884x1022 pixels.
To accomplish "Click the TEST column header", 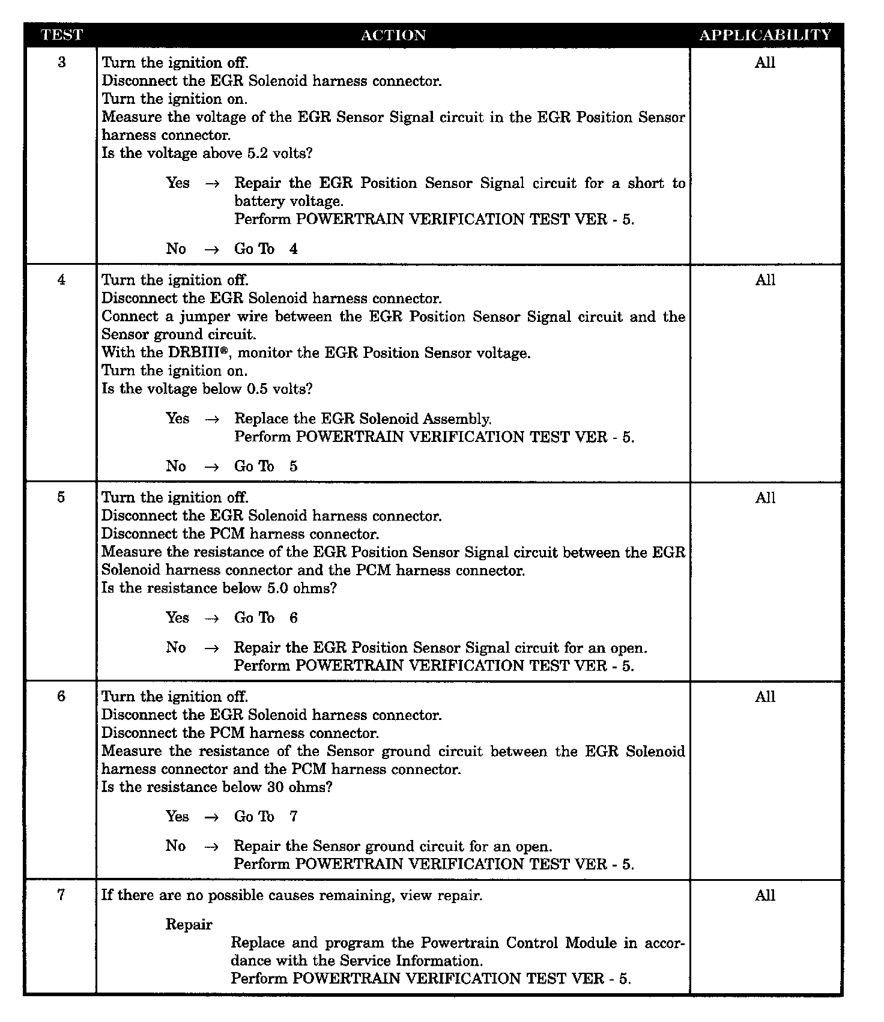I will click(x=61, y=35).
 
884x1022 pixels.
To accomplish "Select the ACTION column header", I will click(x=393, y=35).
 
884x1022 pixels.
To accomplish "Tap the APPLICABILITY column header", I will click(x=765, y=35).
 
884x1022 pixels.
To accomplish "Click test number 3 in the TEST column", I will click(x=62, y=62).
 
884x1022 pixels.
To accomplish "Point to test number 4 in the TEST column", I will click(x=61, y=279).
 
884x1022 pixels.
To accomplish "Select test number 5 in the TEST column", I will click(x=61, y=497).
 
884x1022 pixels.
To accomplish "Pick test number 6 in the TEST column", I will click(x=61, y=696).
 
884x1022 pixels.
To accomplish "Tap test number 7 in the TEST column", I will click(x=61, y=895).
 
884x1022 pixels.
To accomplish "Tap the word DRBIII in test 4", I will click(x=194, y=352).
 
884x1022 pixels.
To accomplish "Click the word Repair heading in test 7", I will click(x=189, y=925).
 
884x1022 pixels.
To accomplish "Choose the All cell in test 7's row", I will click(x=765, y=895).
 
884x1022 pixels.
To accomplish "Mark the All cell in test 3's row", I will click(x=765, y=62).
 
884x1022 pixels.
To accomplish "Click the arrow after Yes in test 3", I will click(x=211, y=184).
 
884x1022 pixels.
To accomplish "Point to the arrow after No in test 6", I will click(x=211, y=847).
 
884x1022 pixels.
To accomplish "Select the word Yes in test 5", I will click(x=177, y=617).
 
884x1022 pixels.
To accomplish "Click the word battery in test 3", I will click(x=259, y=201).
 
